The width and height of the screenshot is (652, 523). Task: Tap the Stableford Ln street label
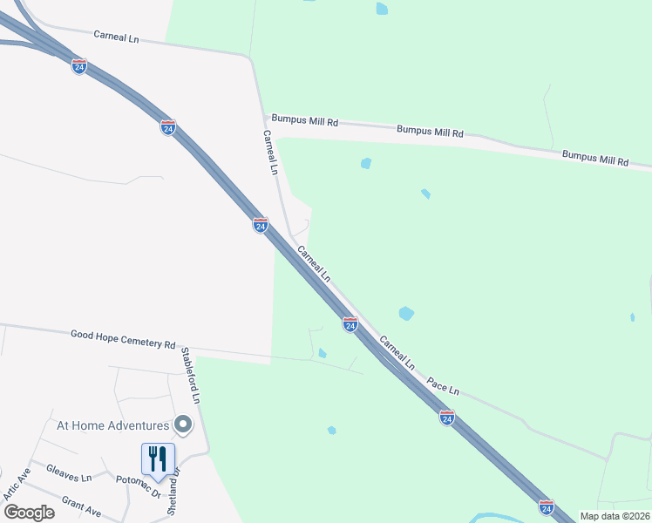point(190,376)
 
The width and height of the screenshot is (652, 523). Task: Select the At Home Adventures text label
point(112,425)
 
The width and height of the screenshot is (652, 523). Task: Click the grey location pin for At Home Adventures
point(182,425)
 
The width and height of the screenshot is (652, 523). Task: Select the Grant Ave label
point(81,505)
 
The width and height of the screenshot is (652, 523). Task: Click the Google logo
point(28,512)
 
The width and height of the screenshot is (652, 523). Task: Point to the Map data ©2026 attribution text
point(614,516)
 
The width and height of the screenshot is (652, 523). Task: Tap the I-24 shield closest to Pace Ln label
point(446,418)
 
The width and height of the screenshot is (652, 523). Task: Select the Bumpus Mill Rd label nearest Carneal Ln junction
point(304,121)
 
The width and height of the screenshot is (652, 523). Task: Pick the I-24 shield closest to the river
point(546,506)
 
